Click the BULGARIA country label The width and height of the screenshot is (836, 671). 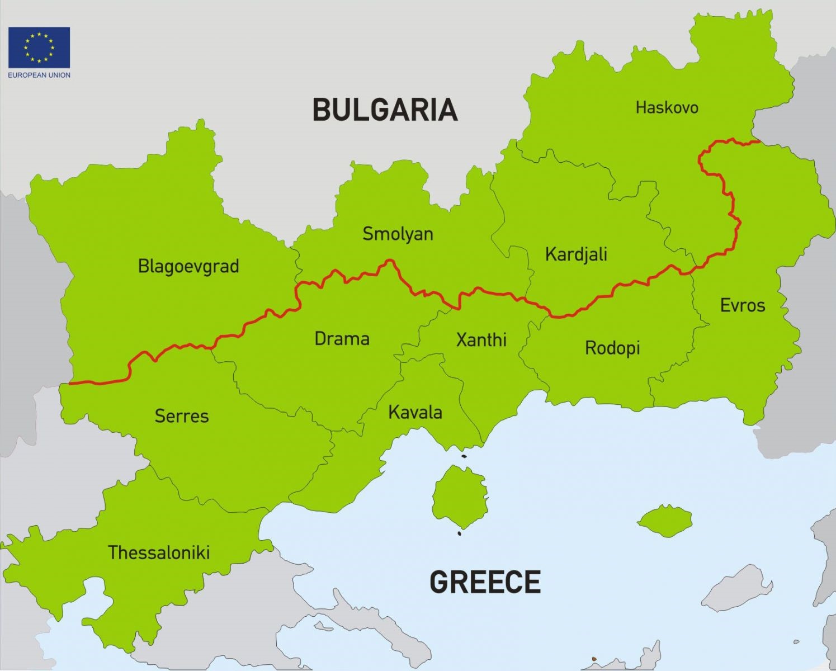(x=385, y=110)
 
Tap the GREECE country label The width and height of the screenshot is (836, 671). (x=485, y=582)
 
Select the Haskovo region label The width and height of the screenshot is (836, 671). (x=667, y=107)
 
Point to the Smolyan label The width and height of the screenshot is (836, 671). (x=398, y=234)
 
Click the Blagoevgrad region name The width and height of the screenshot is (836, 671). (x=188, y=266)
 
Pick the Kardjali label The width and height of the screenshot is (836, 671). (x=576, y=254)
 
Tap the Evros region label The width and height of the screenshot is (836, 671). (x=742, y=305)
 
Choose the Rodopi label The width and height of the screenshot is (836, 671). (x=612, y=348)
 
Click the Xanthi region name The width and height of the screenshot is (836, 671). (x=481, y=339)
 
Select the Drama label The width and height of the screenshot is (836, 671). (x=342, y=339)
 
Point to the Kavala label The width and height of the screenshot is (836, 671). (x=415, y=413)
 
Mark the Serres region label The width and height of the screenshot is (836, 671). (x=182, y=416)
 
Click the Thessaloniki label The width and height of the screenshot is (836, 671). (x=159, y=553)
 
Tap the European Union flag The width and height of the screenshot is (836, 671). (x=39, y=48)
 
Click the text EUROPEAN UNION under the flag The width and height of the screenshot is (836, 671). (x=39, y=75)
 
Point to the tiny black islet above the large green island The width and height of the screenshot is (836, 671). (x=464, y=456)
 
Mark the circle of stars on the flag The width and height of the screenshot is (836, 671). (x=39, y=48)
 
